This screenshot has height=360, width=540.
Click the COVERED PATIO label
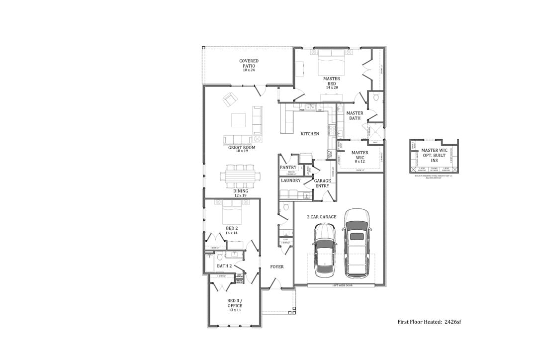249,65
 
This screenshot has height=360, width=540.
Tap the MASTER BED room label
331,83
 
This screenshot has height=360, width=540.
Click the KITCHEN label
310,134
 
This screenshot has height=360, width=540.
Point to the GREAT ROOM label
242,148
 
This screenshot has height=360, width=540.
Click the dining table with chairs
240,176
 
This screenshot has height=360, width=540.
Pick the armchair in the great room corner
230,99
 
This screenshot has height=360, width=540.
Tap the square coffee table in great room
238,121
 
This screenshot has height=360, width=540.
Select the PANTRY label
288,168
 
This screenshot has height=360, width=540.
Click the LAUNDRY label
290,180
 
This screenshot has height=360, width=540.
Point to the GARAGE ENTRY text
322,183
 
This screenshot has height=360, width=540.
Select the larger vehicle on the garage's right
356,242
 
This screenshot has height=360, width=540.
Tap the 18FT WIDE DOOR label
341,286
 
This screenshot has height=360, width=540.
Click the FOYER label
277,267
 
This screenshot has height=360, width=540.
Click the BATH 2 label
224,266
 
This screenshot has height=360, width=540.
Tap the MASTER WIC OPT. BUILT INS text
433,154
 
